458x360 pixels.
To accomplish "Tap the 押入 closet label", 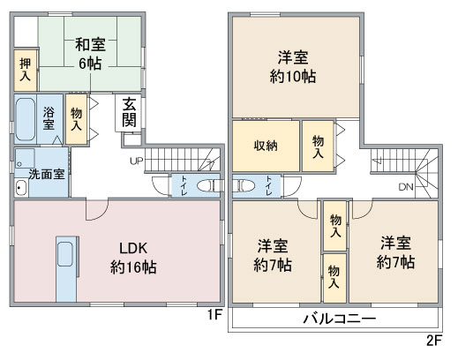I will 25,69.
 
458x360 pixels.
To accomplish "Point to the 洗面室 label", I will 44,174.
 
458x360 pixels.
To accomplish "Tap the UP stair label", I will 136,161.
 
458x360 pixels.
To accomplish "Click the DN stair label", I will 405,187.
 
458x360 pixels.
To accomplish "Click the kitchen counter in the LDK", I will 66,265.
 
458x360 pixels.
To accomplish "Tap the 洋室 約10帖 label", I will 295,67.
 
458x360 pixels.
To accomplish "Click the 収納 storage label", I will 266,146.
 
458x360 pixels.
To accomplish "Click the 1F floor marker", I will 213,313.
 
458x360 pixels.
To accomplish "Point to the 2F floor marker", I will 432,340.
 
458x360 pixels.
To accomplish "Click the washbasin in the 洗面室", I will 19,188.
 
